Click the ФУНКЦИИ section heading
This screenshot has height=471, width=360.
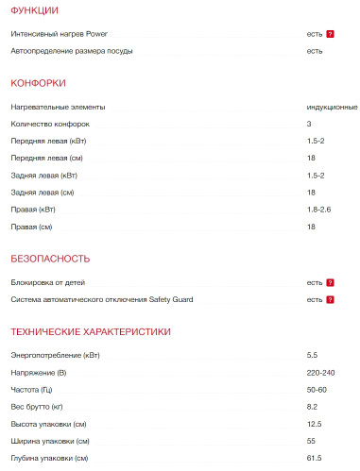click(x=34, y=10)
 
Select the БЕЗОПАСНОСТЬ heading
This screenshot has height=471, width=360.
click(x=50, y=258)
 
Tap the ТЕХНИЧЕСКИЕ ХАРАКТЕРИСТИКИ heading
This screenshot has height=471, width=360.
click(x=90, y=331)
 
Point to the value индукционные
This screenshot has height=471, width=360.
click(x=332, y=107)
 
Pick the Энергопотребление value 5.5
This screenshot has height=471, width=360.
click(x=312, y=355)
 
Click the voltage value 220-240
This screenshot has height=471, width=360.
click(x=319, y=372)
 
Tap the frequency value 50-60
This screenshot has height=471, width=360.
click(x=316, y=389)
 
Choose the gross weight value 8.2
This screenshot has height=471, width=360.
click(x=312, y=406)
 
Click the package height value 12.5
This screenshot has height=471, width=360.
click(x=314, y=423)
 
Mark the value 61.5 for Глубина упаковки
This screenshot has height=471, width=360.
click(x=314, y=458)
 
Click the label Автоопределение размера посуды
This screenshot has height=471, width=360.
click(x=72, y=50)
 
